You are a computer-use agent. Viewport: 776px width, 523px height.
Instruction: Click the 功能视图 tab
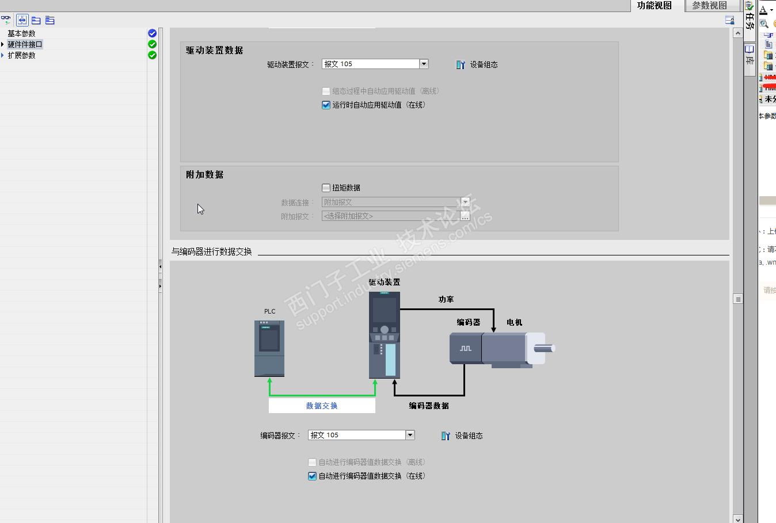click(654, 6)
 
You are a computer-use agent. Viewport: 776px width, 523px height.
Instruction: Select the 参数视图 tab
click(709, 6)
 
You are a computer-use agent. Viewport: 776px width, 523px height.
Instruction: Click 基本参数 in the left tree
click(22, 33)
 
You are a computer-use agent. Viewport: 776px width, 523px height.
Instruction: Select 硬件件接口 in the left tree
click(25, 44)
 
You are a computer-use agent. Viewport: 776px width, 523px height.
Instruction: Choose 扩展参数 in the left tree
click(22, 55)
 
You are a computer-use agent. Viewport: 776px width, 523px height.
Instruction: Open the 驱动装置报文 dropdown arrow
click(424, 64)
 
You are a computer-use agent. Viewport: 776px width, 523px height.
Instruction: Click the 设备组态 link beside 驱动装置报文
click(477, 64)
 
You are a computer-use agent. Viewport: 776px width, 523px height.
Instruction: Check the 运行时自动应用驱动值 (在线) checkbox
click(326, 105)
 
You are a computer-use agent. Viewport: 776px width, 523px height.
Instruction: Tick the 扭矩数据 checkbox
click(326, 188)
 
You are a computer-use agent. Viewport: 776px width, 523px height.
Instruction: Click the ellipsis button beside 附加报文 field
click(465, 216)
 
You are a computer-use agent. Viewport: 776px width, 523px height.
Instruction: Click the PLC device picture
click(269, 348)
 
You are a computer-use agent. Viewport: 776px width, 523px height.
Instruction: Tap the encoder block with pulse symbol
click(465, 348)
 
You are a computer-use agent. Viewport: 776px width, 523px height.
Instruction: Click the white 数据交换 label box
click(322, 406)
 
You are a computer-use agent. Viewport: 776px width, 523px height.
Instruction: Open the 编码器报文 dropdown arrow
click(410, 435)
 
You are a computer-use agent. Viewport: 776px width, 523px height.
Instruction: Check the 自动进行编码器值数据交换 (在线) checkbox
click(313, 476)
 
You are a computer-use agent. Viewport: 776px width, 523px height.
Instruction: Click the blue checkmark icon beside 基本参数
click(152, 33)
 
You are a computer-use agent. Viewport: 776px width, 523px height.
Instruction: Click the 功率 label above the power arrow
click(446, 299)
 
